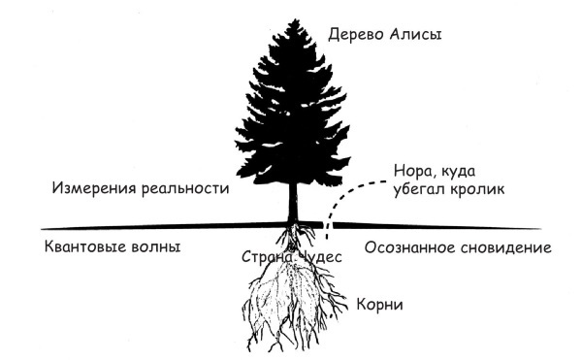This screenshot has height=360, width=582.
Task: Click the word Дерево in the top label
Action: (x=354, y=36)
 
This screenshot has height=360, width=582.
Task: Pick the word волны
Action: (x=158, y=246)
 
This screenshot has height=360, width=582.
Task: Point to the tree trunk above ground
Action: (x=292, y=203)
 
